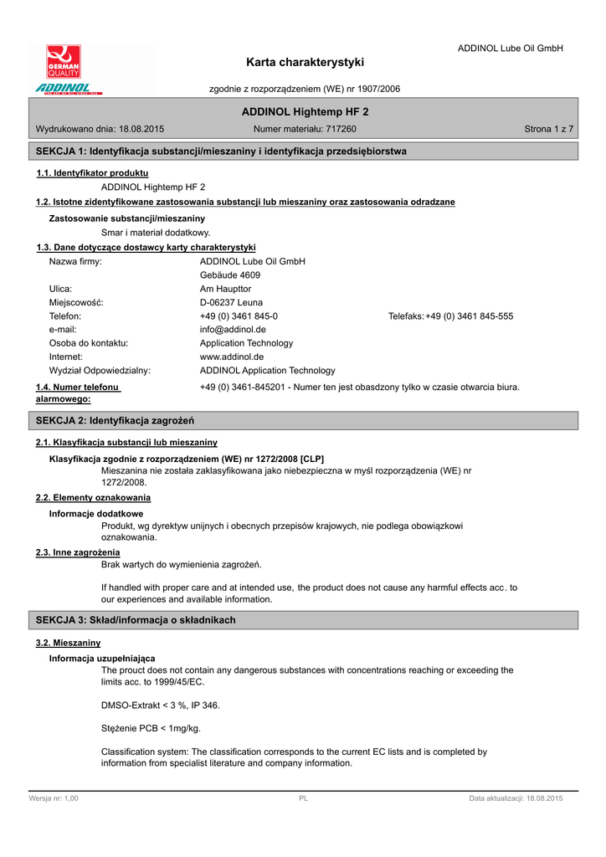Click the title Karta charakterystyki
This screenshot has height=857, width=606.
[x=306, y=62]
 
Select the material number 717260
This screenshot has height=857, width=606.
[x=340, y=129]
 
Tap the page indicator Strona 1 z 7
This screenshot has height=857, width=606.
[x=548, y=129]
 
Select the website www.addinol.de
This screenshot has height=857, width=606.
[x=232, y=357]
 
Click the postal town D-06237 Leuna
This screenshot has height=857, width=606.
[x=231, y=302]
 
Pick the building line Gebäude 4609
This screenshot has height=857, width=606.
[x=230, y=275]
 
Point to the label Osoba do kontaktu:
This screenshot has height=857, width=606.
[x=89, y=343]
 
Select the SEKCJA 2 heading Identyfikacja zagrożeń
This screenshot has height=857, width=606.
[x=115, y=419]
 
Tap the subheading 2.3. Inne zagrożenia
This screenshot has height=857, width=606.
[x=78, y=552]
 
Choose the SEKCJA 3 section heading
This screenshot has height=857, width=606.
[x=136, y=620]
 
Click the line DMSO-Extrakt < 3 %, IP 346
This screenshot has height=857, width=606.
[x=161, y=705]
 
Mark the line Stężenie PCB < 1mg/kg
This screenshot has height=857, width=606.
[x=151, y=728]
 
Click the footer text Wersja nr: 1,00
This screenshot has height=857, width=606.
[x=54, y=799]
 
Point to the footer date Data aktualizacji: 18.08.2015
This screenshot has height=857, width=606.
[x=516, y=799]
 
